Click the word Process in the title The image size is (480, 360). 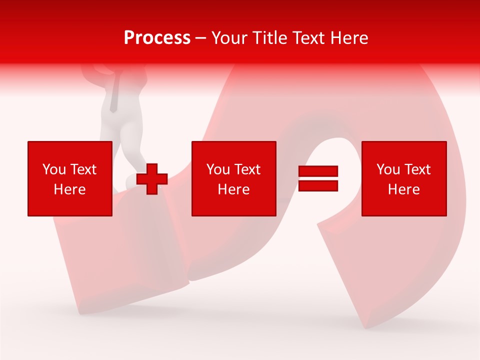point(157,38)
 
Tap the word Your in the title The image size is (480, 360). point(229,38)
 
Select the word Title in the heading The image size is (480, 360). point(268,38)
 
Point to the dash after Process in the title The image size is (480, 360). point(201,38)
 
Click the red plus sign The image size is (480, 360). point(151,178)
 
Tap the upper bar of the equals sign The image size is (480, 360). point(318,171)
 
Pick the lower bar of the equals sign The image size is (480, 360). point(318,185)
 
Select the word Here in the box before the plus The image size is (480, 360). point(69,189)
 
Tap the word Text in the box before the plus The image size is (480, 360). point(83,169)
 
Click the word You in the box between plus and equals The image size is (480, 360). point(218,169)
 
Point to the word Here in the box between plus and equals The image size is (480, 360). point(233,189)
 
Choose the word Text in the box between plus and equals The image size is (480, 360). point(247,169)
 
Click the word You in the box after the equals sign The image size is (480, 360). point(388,169)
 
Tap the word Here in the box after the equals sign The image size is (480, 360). point(403,189)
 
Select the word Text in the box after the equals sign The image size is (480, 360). point(417,169)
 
